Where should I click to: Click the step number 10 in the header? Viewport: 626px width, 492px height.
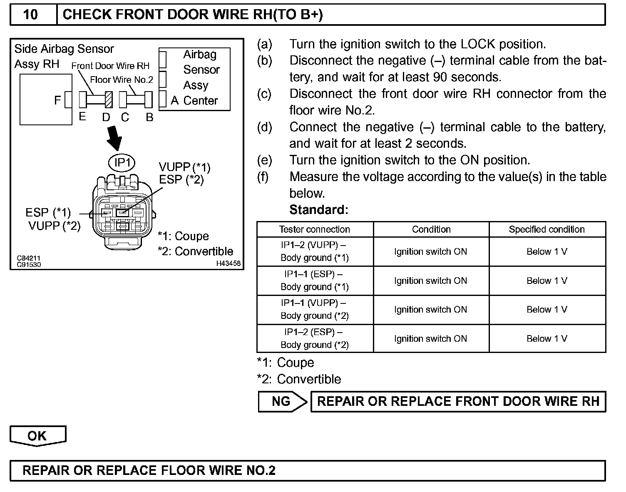click(x=31, y=15)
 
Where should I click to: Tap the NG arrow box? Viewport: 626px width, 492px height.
click(x=282, y=401)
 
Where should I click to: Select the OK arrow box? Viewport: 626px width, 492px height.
click(x=37, y=435)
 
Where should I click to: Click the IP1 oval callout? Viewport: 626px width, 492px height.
click(x=122, y=162)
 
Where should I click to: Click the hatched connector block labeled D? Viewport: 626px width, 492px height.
click(x=109, y=100)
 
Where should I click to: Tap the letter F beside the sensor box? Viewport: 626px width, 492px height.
click(x=58, y=100)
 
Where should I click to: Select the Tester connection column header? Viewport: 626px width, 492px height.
click(x=315, y=229)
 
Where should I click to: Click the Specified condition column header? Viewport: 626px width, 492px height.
click(x=547, y=229)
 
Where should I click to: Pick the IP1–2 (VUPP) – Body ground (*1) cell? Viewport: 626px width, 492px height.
click(x=315, y=251)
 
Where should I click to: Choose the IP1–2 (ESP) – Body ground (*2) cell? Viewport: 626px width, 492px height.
click(x=315, y=338)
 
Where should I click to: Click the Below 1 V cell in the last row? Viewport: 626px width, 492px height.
click(x=547, y=338)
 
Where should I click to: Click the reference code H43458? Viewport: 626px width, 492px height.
click(x=228, y=263)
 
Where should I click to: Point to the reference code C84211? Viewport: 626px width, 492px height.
click(x=29, y=258)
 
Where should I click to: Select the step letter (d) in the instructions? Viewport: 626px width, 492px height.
click(x=265, y=127)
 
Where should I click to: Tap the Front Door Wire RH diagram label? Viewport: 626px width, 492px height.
click(x=110, y=66)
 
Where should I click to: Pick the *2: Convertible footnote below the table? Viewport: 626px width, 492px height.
click(x=299, y=379)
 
